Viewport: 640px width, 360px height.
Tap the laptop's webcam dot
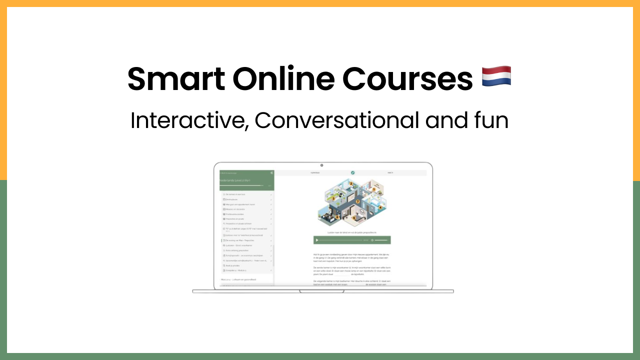321,165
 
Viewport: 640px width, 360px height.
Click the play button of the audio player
317,240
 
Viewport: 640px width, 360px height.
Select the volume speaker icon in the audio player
372,240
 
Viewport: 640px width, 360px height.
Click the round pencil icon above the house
352,172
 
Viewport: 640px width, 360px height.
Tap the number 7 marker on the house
357,201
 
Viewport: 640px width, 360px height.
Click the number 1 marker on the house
373,189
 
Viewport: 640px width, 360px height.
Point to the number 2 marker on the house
351,184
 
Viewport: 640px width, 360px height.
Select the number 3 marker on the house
333,198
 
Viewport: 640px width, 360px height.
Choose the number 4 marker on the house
380,207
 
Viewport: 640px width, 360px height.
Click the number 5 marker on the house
354,218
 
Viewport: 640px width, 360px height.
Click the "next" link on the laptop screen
390,172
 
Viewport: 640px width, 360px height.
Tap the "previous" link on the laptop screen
315,172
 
